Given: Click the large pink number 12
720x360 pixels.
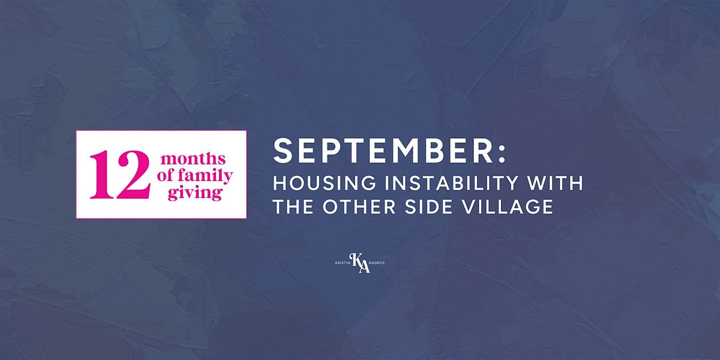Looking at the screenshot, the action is point(120,175).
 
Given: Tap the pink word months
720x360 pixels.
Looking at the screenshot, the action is point(193,159).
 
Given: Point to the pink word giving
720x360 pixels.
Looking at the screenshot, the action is point(195,193).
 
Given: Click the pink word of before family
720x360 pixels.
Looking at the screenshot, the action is point(166,175).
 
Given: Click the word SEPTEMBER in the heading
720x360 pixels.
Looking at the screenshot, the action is point(383,151).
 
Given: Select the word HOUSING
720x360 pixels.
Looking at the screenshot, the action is point(325,183).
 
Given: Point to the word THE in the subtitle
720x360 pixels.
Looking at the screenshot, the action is point(293,206).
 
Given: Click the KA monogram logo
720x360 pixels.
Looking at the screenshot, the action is point(359,263).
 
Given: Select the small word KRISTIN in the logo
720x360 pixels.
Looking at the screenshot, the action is point(343,263).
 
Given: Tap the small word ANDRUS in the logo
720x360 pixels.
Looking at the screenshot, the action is point(377,263).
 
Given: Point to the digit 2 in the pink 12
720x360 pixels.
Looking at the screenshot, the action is point(132,175).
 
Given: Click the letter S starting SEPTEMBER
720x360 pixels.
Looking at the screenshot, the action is point(282,151).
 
